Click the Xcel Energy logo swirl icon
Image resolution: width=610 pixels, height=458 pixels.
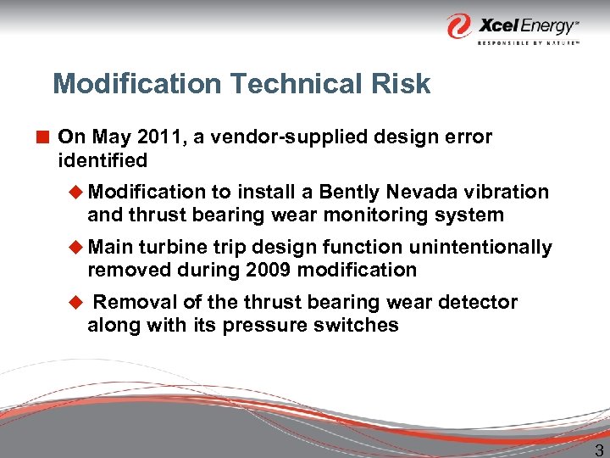tap(460, 25)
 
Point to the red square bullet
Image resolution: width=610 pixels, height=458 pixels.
tap(43, 137)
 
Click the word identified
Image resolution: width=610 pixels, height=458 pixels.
tap(103, 160)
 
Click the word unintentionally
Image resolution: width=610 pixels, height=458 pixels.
tap(481, 248)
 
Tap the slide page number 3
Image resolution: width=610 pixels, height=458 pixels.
tap(599, 449)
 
